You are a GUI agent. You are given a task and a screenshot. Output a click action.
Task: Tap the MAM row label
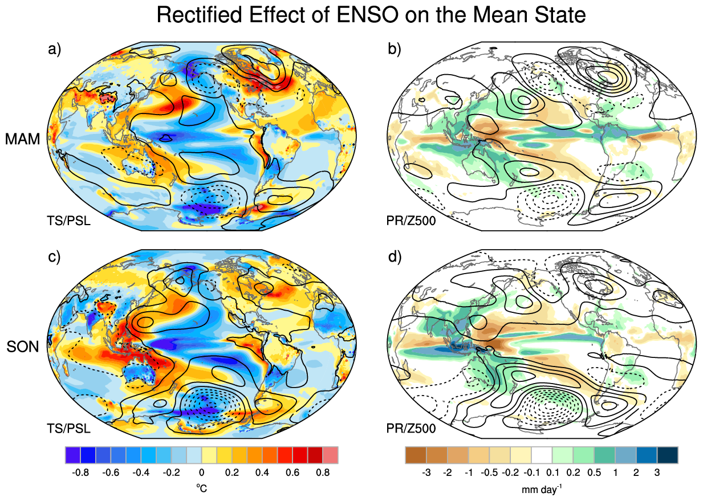(23, 139)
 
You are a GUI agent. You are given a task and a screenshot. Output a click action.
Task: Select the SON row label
(23, 347)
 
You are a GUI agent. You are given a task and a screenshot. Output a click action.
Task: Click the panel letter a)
(54, 49)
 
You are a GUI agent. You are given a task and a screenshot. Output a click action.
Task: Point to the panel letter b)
(395, 49)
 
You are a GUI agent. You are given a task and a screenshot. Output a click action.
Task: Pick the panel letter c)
(54, 257)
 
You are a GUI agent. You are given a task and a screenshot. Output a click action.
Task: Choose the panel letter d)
(395, 257)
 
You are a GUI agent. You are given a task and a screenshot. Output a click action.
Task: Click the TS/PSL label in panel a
(69, 221)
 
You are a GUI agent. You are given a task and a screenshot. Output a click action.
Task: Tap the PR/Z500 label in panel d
(411, 428)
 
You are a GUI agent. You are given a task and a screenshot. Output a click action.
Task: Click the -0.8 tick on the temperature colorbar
(80, 473)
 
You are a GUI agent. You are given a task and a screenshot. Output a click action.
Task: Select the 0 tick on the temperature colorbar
(201, 473)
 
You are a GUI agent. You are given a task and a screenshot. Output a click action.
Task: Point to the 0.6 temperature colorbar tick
(292, 473)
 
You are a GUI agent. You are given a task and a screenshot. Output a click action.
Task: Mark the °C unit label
(201, 488)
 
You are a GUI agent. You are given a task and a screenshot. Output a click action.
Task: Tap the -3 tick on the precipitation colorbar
(426, 473)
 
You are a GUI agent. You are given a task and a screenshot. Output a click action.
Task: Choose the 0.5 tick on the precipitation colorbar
(594, 473)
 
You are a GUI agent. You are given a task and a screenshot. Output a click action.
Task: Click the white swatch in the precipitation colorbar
(542, 455)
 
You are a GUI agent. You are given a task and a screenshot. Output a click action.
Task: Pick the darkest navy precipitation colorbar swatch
(668, 455)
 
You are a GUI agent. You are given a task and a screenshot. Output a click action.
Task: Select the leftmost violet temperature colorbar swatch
(73, 455)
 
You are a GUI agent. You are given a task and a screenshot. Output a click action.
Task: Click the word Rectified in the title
(200, 14)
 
